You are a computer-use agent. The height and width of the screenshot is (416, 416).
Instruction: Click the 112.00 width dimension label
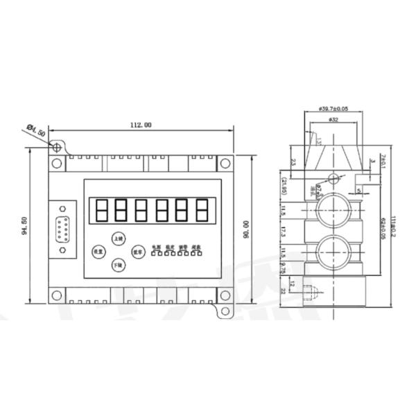(140, 125)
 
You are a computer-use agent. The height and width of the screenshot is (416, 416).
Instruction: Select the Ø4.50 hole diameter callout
(37, 130)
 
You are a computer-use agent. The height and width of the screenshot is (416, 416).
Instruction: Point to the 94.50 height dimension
(26, 226)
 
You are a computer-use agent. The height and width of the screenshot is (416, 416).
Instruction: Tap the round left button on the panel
(97, 252)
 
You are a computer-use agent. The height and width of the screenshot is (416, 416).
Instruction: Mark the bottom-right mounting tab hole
(224, 311)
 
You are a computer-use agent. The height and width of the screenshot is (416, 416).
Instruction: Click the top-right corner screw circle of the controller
(225, 164)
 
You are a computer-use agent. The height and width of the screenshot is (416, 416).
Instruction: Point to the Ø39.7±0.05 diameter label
(333, 109)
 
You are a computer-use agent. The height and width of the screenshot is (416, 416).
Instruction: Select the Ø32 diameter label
(333, 119)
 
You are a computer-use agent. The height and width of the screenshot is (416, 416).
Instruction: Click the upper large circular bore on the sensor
(332, 210)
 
